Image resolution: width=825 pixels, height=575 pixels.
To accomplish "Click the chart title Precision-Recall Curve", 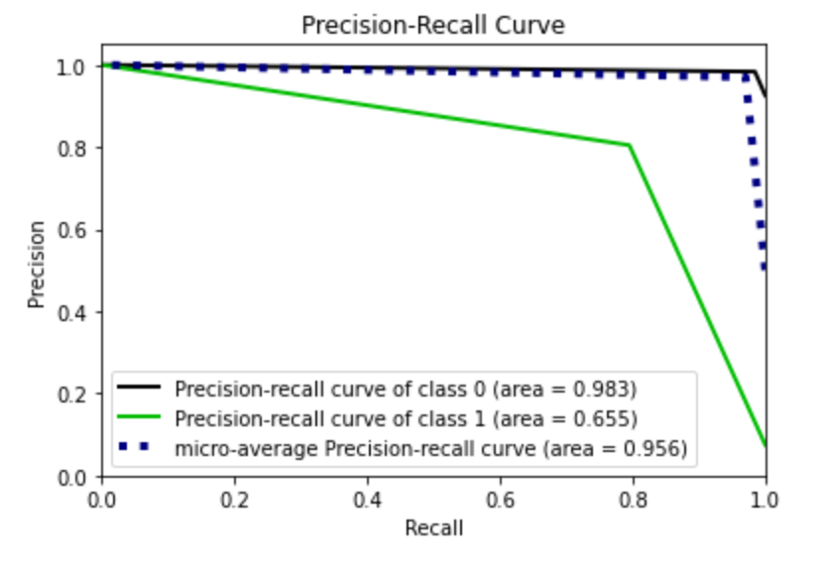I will [x=433, y=26].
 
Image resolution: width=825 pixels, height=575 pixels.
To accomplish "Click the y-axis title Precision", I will [x=37, y=264].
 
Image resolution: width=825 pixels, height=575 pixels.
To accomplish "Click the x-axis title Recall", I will [x=433, y=527].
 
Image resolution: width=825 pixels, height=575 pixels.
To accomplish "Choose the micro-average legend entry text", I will [x=431, y=448].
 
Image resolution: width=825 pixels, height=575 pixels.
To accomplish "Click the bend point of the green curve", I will [x=629, y=146].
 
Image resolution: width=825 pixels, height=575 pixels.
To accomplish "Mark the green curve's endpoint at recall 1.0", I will [x=765, y=446].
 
